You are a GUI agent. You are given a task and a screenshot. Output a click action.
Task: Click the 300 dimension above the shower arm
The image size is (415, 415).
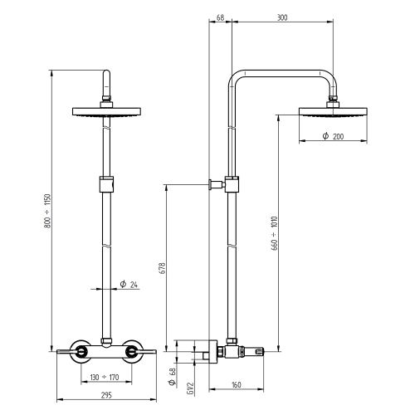281,17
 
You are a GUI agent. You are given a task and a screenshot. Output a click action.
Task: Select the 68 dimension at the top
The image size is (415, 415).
219,17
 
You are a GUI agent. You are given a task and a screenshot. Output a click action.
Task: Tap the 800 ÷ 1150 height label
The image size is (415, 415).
47,215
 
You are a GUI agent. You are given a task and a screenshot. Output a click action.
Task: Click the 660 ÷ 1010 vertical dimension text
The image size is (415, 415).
273,233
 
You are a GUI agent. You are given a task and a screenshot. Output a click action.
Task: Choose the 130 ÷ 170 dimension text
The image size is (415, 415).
105,378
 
